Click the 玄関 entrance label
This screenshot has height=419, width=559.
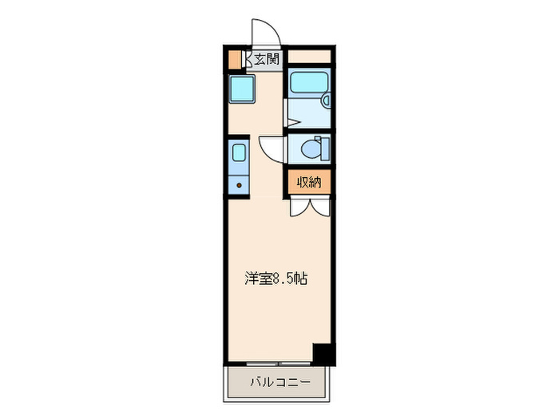coord(267,58)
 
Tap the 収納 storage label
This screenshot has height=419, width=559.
coord(309,182)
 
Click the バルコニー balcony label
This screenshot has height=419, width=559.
coord(278,381)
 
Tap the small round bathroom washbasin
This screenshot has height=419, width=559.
coord(326,101)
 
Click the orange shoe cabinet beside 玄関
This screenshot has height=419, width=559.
coord(234,59)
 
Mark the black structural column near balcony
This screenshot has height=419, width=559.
coord(323,353)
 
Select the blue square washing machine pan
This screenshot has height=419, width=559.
coord(240,89)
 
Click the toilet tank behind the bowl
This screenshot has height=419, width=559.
coord(324,148)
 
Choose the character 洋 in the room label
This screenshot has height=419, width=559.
coord(250,279)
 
